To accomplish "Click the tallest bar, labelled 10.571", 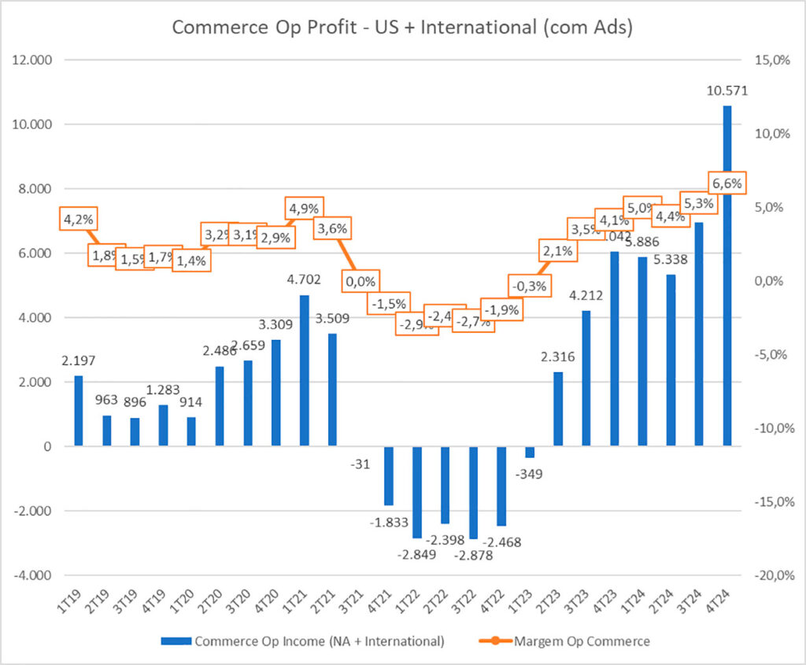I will tap(727, 275).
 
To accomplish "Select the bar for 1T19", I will tap(78, 411).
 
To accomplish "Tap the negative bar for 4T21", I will tap(388, 475).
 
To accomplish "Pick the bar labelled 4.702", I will tap(305, 371).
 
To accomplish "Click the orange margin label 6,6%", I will tap(726, 184).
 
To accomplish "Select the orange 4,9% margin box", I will tap(304, 209).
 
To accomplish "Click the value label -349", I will tap(530, 474).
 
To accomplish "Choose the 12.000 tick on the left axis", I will tap(28, 60).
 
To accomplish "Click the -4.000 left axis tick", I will tap(28, 575).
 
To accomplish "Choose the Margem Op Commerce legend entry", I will tap(582, 641).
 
